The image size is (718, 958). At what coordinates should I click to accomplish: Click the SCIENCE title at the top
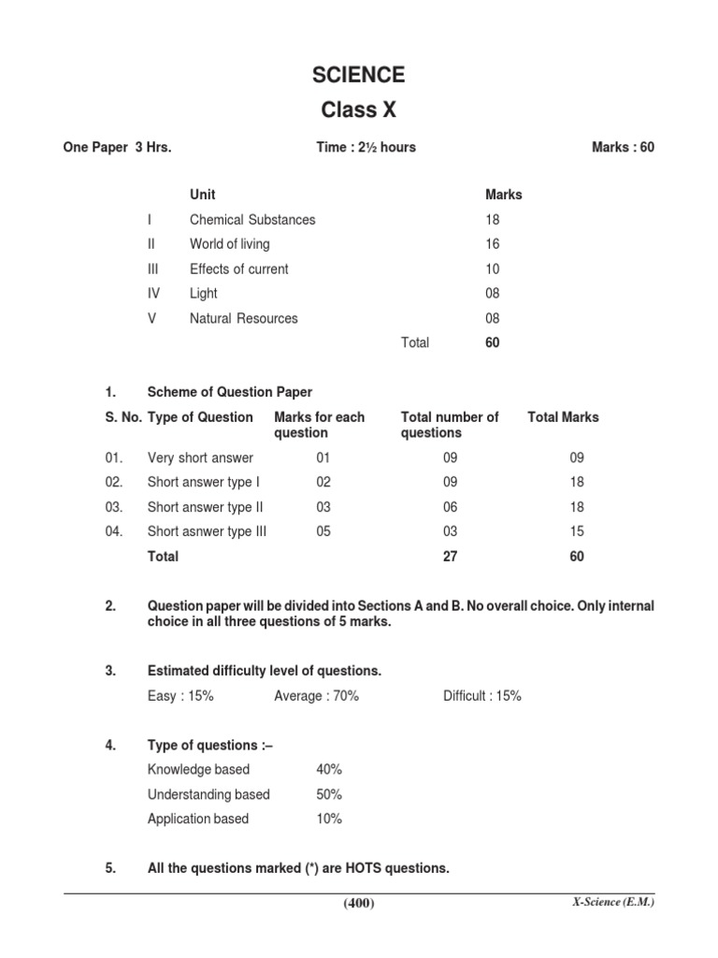359,75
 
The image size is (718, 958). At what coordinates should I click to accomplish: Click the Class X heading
359,110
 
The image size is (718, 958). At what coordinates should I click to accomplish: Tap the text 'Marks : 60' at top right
623,148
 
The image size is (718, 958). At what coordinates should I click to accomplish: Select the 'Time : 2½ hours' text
366,148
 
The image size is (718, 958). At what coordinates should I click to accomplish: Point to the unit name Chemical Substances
252,220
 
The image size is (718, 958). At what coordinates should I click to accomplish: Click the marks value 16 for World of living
493,244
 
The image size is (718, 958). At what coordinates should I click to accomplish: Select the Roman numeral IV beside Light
153,294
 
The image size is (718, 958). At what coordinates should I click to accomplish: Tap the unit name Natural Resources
243,318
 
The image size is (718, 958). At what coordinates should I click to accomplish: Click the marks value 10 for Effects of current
493,269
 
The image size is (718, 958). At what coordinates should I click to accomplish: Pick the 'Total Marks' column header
564,417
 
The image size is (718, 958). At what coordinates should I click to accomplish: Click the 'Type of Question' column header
200,417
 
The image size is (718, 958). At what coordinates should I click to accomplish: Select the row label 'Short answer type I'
204,483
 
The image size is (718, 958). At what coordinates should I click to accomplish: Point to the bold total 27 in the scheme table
451,557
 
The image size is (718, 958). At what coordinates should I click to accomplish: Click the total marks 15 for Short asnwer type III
577,531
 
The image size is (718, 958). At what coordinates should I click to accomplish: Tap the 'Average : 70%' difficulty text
316,696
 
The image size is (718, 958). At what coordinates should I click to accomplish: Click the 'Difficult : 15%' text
482,696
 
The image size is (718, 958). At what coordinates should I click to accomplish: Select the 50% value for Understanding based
329,794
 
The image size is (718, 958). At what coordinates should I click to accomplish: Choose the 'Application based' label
198,819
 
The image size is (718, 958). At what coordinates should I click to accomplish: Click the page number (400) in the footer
359,903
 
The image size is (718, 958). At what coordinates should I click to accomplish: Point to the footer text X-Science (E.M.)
612,902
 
